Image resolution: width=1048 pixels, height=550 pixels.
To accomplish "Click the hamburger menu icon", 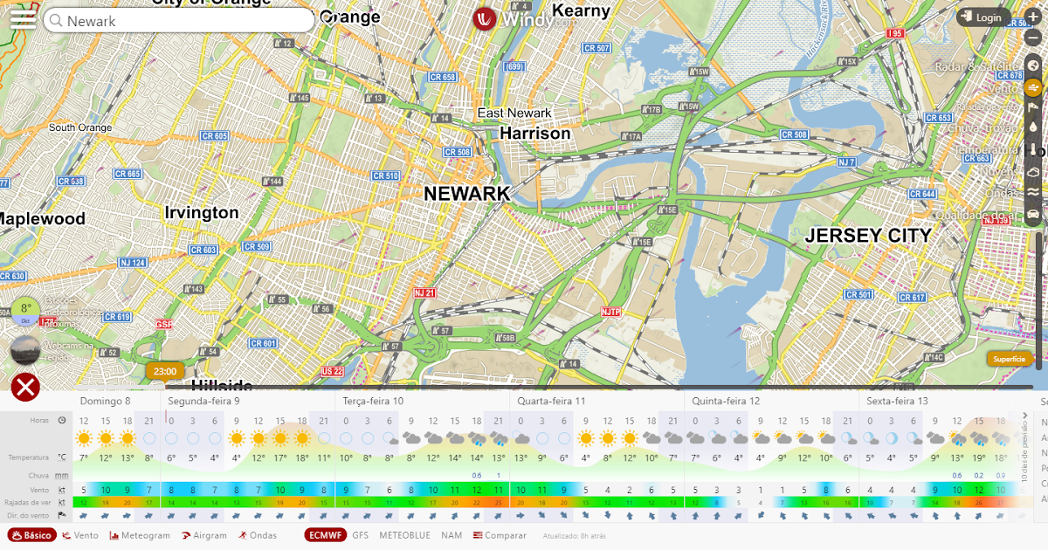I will click(23, 19).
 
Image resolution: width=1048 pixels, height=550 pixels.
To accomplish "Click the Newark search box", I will click(179, 21).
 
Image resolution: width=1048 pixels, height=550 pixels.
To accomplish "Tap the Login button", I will click(982, 17).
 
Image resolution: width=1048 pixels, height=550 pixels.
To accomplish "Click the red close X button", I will click(26, 387).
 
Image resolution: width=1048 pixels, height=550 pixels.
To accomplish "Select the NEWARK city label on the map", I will click(466, 194).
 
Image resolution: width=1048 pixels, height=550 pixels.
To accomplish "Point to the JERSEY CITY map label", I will click(867, 236).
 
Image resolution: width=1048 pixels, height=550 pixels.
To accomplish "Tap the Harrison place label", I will click(534, 134).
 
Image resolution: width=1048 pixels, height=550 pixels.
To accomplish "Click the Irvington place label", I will click(201, 212).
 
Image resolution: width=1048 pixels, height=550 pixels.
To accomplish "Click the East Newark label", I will click(514, 113).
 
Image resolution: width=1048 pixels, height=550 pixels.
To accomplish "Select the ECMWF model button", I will click(325, 535).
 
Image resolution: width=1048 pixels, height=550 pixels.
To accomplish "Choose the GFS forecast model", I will click(360, 535).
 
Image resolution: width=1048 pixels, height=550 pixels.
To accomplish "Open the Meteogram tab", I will click(140, 535).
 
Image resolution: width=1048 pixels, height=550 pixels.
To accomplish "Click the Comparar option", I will click(500, 535).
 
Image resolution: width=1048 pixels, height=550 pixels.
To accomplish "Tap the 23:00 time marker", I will click(164, 371).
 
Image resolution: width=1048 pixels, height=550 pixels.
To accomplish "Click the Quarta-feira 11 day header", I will click(551, 401).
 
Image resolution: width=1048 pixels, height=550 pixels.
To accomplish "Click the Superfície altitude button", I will click(1010, 359).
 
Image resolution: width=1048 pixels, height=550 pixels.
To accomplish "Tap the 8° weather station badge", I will click(26, 309).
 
